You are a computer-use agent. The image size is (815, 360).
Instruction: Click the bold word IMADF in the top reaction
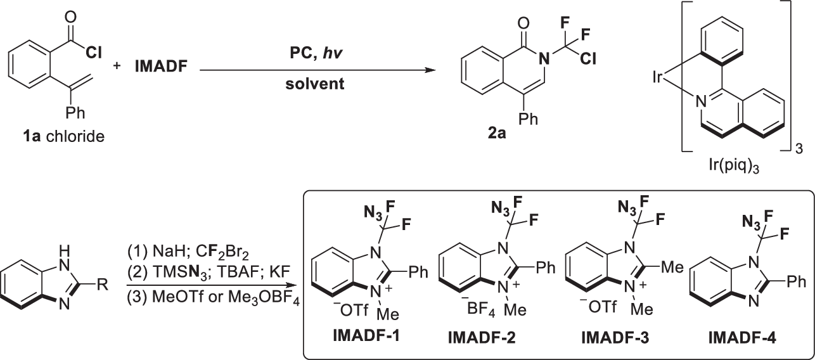[x=158, y=65]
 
